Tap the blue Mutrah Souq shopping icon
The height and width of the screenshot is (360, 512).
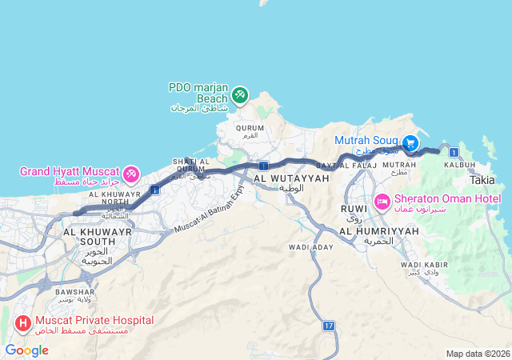pyautogui.click(x=410, y=143)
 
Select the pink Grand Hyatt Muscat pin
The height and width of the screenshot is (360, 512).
pyautogui.click(x=131, y=174)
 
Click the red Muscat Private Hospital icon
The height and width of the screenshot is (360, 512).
pyautogui.click(x=22, y=324)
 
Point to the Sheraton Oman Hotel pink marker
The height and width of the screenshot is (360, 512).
pyautogui.click(x=382, y=200)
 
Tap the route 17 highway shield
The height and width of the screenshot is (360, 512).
pyautogui.click(x=329, y=326)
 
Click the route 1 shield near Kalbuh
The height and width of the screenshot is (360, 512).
pyautogui.click(x=454, y=152)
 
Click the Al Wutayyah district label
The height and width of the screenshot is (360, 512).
pyautogui.click(x=291, y=178)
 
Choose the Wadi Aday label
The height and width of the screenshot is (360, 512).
pyautogui.click(x=311, y=248)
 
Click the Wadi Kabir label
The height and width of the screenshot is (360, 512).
pyautogui.click(x=422, y=264)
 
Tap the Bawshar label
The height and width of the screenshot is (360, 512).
pyautogui.click(x=74, y=292)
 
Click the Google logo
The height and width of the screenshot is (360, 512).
pyautogui.click(x=26, y=350)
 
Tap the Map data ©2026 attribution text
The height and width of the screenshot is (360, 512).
pyautogui.click(x=477, y=354)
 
